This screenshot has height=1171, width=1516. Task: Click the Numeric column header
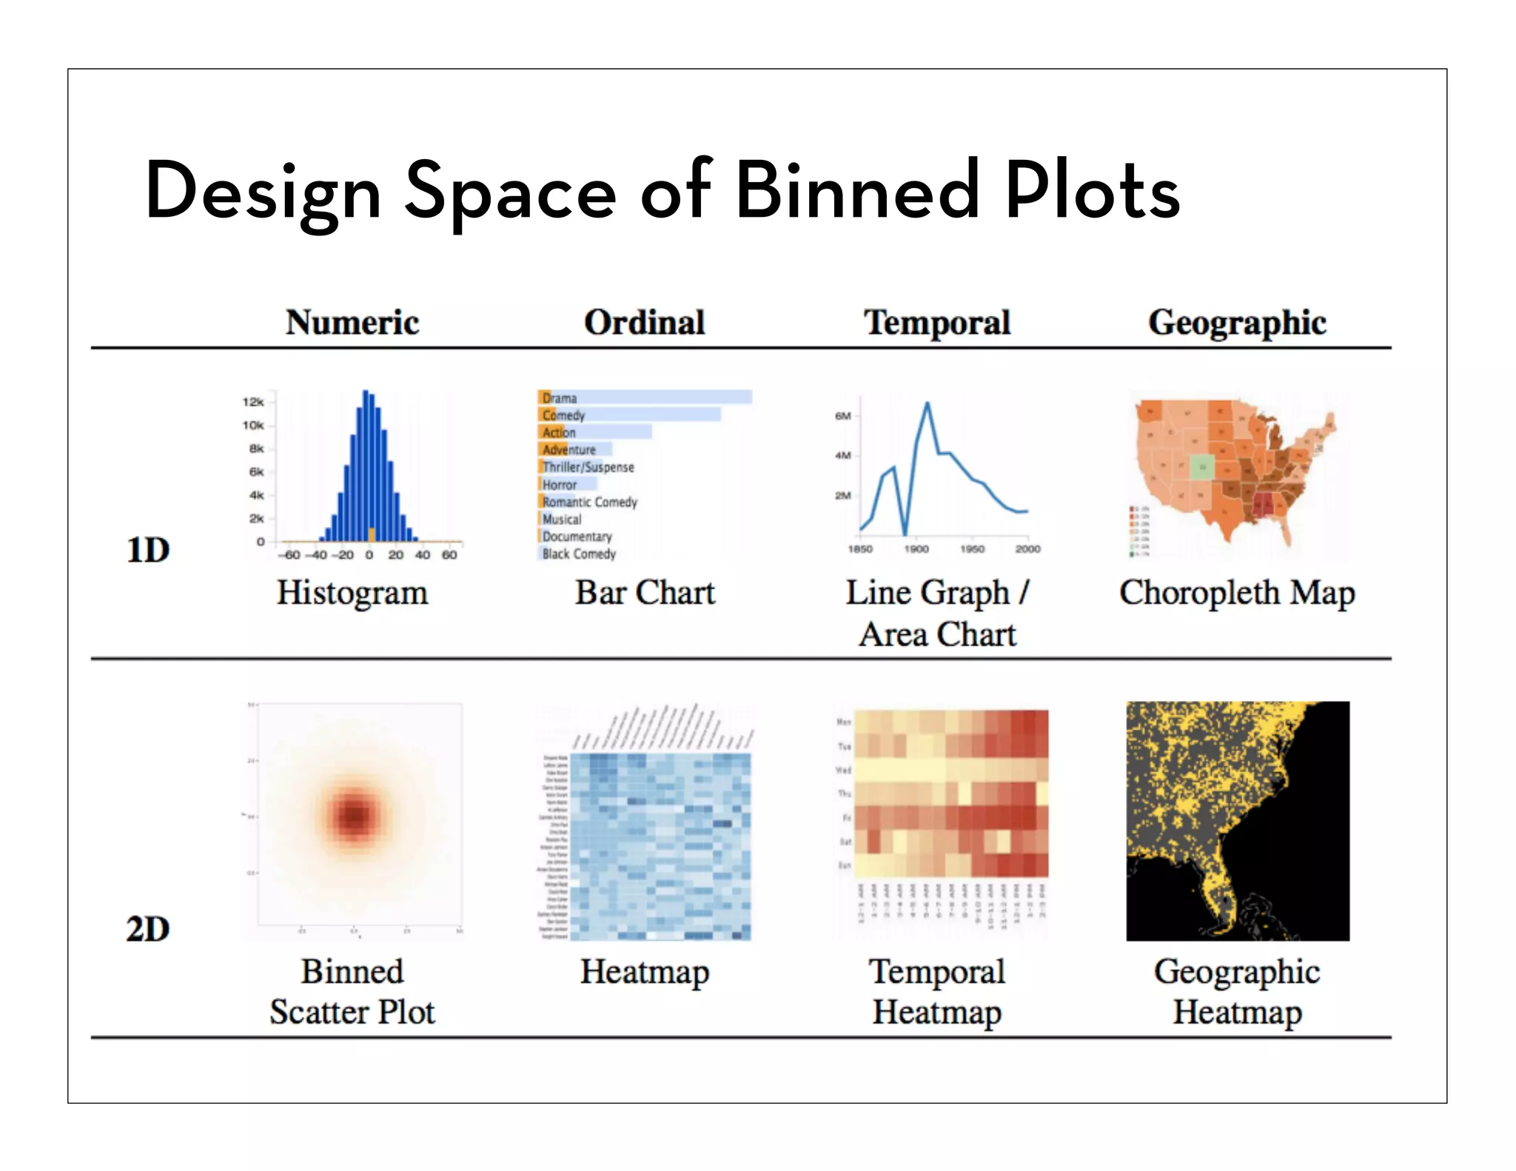(352, 323)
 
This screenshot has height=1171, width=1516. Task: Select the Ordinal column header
(644, 323)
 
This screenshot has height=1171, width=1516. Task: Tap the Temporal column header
(937, 323)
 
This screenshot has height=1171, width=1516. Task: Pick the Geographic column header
(1237, 323)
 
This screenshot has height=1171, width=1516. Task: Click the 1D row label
(148, 550)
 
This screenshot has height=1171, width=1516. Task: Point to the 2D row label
(148, 929)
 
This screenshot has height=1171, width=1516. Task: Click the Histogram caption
(352, 593)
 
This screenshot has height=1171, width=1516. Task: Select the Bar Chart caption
(645, 593)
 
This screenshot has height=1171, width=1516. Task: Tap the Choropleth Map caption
(1237, 593)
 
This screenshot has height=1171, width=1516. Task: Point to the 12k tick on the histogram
(253, 402)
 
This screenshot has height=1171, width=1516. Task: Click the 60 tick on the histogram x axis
(449, 554)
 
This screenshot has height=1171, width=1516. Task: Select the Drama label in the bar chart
(560, 398)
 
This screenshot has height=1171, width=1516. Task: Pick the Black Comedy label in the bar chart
(579, 554)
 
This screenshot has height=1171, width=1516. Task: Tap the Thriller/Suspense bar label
(588, 467)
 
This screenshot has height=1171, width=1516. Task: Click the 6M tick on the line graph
(843, 416)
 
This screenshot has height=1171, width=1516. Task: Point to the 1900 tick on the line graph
(916, 549)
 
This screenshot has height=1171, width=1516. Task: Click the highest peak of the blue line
(928, 403)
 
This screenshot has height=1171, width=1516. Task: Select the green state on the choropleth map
(1202, 466)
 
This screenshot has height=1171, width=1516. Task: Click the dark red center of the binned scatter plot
(355, 815)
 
